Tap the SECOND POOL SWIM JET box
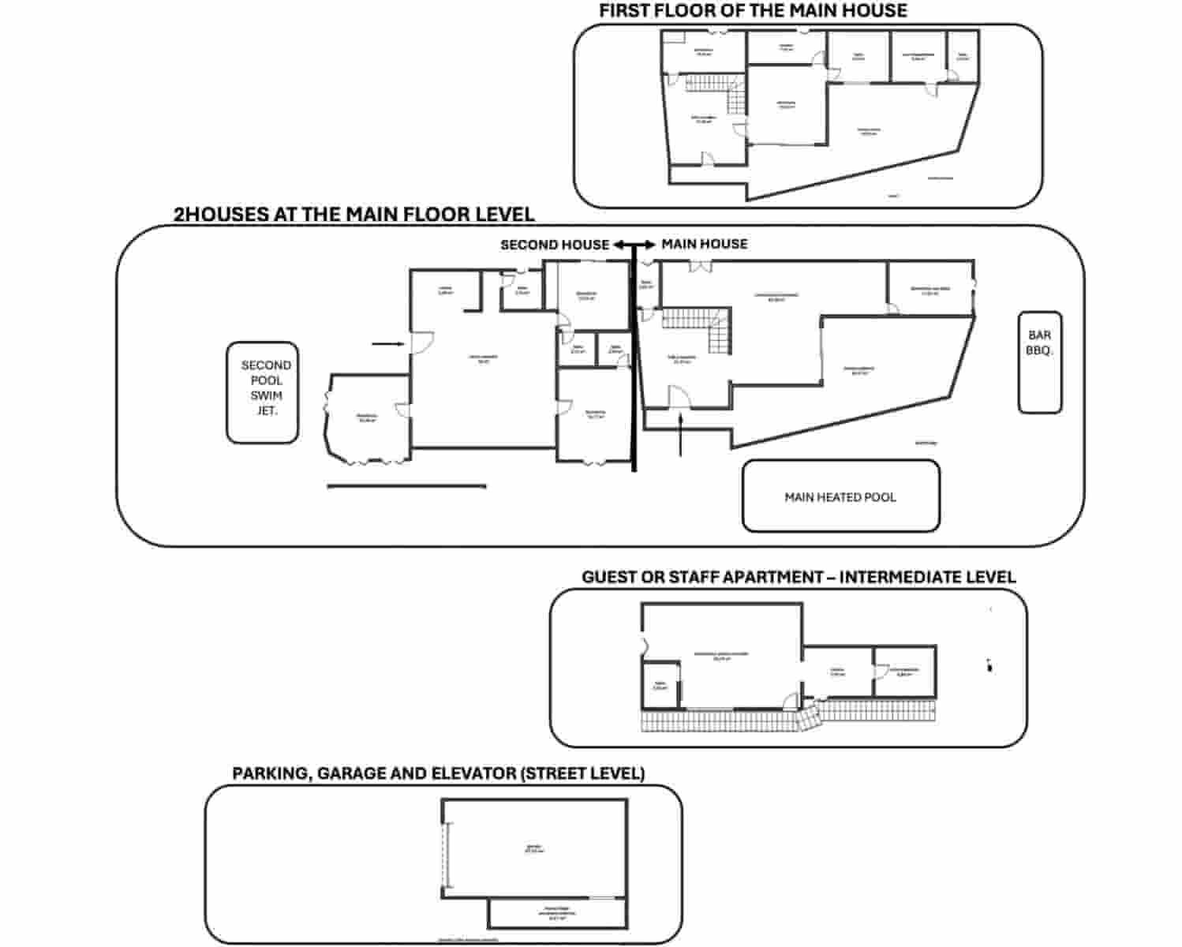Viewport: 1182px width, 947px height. pos(262,392)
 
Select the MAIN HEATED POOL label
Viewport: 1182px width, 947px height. pos(840,497)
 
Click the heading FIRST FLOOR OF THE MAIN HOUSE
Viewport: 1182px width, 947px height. pos(753,11)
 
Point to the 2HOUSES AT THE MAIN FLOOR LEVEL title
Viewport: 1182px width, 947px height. pos(353,214)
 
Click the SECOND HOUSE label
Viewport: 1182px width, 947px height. pos(554,245)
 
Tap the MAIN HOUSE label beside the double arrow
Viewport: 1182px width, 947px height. pos(704,245)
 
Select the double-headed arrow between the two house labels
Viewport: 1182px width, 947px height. pos(634,245)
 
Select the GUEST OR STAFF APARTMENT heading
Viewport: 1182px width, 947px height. pos(798,578)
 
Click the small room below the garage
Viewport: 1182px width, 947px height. pos(557,914)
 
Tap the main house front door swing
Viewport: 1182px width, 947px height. pos(679,395)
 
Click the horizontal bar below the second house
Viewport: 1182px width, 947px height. pos(406,487)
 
